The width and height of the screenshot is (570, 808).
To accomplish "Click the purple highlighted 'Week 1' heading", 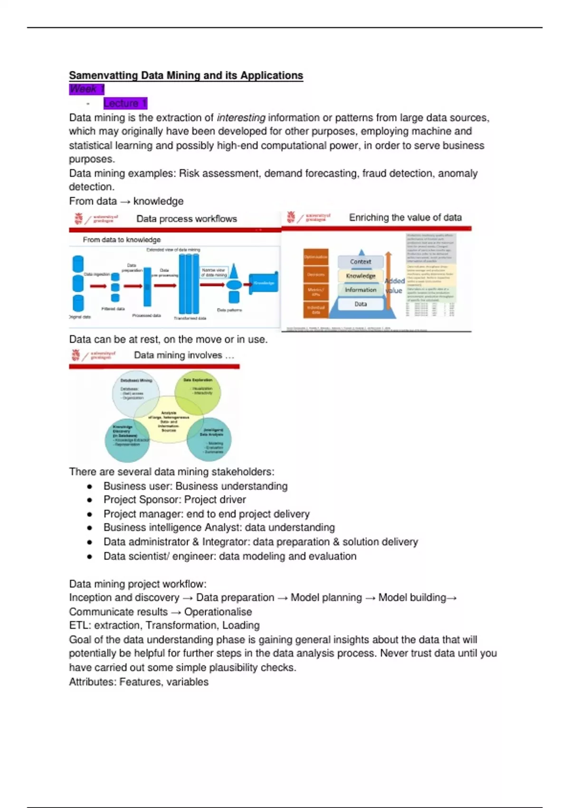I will click(86, 89).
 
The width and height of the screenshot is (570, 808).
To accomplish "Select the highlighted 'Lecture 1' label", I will click(125, 103).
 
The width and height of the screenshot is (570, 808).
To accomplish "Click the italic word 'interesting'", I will click(241, 117).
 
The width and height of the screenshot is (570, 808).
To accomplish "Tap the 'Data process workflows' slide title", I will click(186, 219).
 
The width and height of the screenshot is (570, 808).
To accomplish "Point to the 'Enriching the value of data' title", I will click(405, 217).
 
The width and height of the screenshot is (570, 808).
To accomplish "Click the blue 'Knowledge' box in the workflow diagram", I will click(264, 283).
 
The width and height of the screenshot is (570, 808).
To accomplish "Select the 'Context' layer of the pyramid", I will click(361, 261).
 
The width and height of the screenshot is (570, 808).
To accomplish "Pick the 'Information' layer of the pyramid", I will click(361, 289).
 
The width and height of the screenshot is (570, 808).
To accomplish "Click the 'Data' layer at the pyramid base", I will click(361, 304).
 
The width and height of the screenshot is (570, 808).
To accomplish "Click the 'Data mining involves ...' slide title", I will click(184, 355).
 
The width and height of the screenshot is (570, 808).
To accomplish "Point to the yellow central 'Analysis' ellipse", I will click(169, 420).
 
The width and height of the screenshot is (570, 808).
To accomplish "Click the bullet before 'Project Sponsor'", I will click(89, 500).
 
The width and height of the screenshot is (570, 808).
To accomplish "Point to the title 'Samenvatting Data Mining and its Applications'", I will click(186, 75).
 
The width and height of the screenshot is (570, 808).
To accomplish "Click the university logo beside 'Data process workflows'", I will click(79, 219).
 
